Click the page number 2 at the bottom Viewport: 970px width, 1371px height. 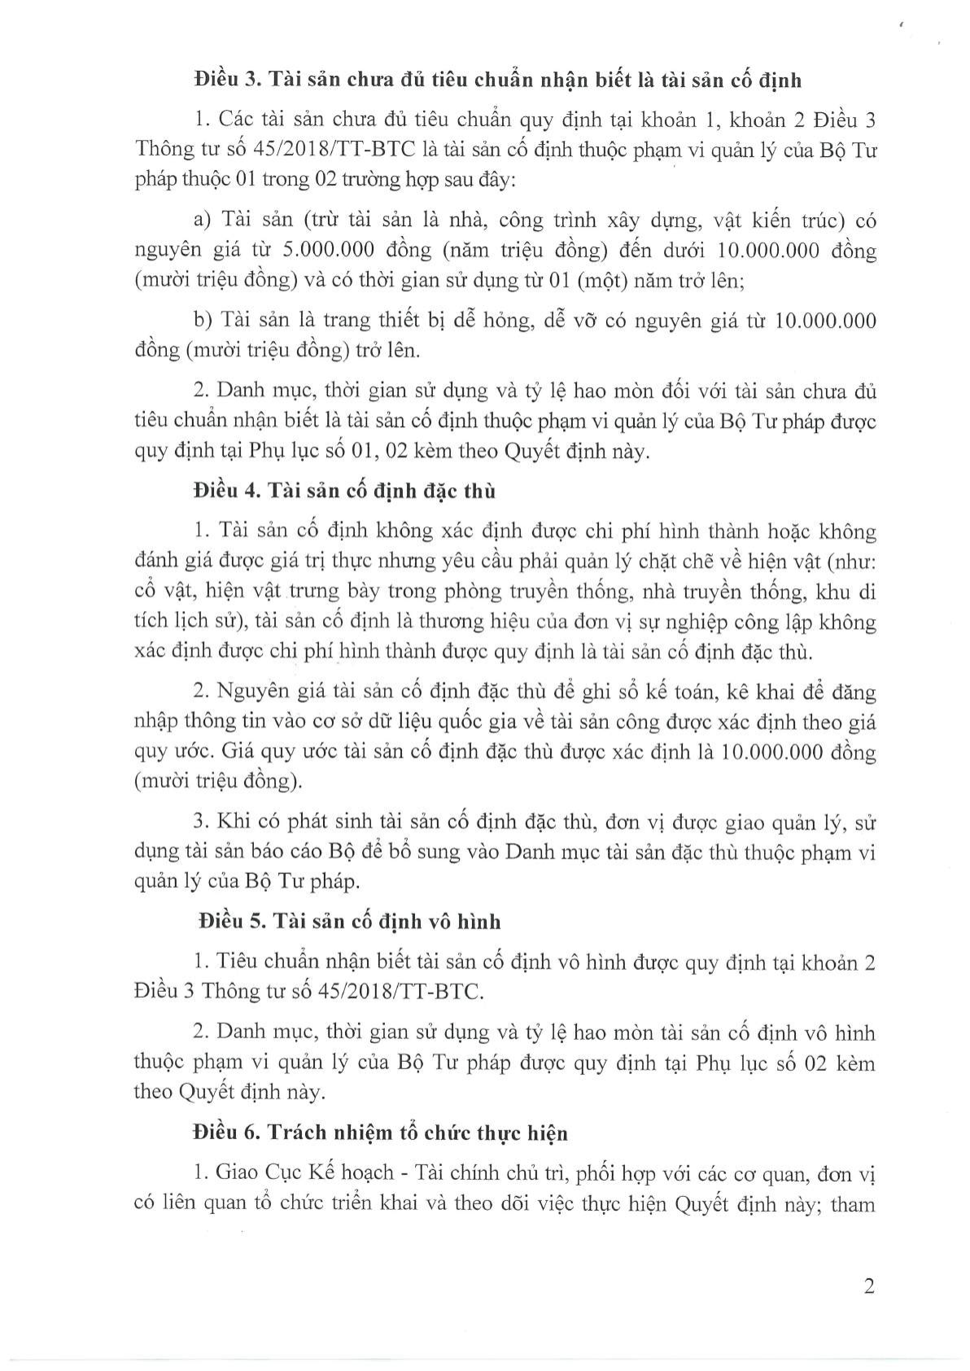[x=868, y=1287]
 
